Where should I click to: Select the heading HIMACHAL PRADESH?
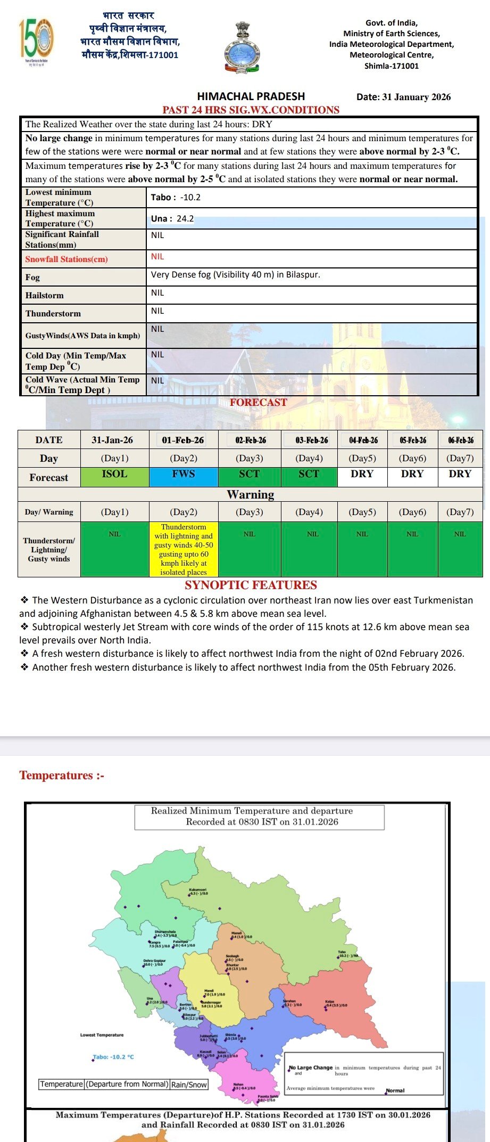tap(251, 96)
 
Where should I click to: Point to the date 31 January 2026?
tap(403, 97)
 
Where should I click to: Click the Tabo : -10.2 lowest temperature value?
tap(176, 197)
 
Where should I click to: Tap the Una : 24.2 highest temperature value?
tap(172, 218)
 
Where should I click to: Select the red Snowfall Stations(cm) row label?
tap(67, 259)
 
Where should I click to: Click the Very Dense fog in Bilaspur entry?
tap(235, 275)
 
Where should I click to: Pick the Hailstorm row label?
tap(45, 296)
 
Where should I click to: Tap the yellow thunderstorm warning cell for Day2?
tap(184, 549)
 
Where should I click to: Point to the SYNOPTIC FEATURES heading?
tap(251, 585)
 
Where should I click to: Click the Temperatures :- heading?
tap(62, 776)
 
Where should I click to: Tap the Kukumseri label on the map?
tap(197, 890)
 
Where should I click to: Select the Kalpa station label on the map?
tap(330, 1001)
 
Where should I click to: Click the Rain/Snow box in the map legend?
tap(189, 1084)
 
